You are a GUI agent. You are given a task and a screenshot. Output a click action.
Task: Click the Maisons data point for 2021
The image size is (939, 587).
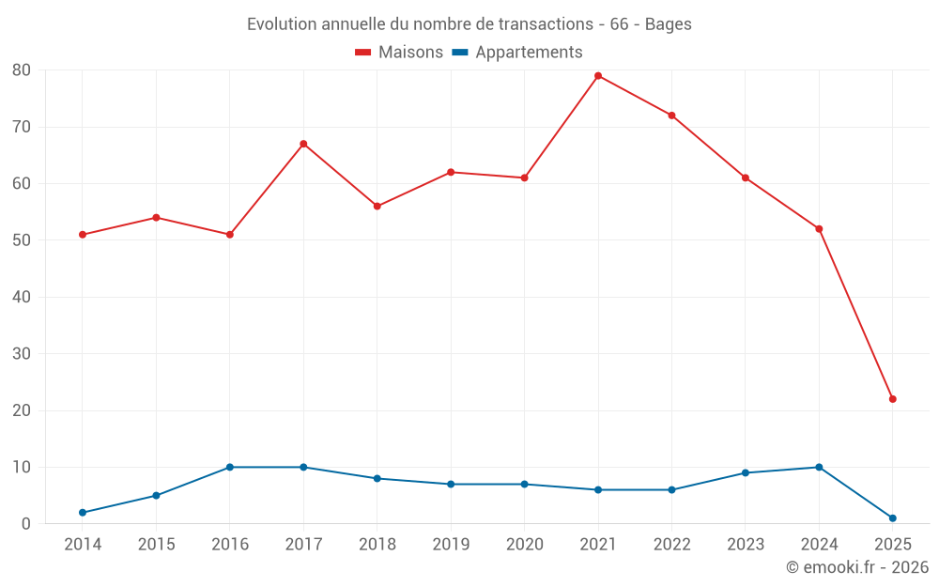tap(598, 76)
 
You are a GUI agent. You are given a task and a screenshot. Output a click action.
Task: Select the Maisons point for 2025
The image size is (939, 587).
tap(892, 399)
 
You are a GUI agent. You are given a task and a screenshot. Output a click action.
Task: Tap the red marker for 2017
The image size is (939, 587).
tap(303, 144)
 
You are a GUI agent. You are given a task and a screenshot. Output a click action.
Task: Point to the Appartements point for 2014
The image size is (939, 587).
tap(83, 513)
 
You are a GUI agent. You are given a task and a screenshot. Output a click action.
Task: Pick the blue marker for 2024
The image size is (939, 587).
tap(819, 467)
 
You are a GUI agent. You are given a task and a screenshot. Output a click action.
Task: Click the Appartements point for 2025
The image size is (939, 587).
tap(892, 518)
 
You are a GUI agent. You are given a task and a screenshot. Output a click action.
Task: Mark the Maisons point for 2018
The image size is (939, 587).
tap(377, 207)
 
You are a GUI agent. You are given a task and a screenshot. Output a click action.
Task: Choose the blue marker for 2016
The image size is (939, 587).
tap(230, 467)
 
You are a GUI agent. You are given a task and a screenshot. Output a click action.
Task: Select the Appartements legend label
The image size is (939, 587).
tap(529, 53)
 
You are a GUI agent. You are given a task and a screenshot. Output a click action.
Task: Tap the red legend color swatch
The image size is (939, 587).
tap(363, 53)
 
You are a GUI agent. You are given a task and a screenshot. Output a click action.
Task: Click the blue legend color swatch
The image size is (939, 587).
tap(460, 53)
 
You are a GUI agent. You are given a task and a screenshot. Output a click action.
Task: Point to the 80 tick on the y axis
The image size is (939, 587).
tap(22, 70)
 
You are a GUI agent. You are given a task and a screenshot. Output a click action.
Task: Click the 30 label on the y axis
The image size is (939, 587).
tap(22, 354)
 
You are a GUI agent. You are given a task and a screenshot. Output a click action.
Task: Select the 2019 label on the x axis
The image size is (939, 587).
tap(451, 545)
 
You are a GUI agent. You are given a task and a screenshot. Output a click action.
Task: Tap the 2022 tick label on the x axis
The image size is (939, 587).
tap(671, 545)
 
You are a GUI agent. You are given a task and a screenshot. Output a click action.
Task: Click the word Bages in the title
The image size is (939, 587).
tap(669, 24)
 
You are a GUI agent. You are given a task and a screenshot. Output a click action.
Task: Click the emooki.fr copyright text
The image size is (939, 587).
tap(857, 567)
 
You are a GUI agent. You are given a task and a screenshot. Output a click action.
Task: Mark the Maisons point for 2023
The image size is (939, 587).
tap(746, 178)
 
